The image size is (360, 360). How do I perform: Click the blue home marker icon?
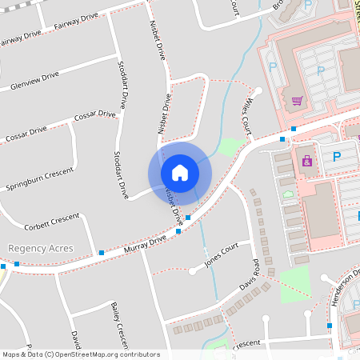[x=180, y=173]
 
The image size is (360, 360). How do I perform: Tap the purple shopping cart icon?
[x=297, y=101]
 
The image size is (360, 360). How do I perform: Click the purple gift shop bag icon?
[x=306, y=161]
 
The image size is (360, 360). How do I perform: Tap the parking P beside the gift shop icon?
[x=336, y=157]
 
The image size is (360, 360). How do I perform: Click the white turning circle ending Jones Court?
[x=193, y=270]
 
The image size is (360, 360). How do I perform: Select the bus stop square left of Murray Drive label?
[x=101, y=253]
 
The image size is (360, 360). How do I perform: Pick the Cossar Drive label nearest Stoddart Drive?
[x=94, y=116]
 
